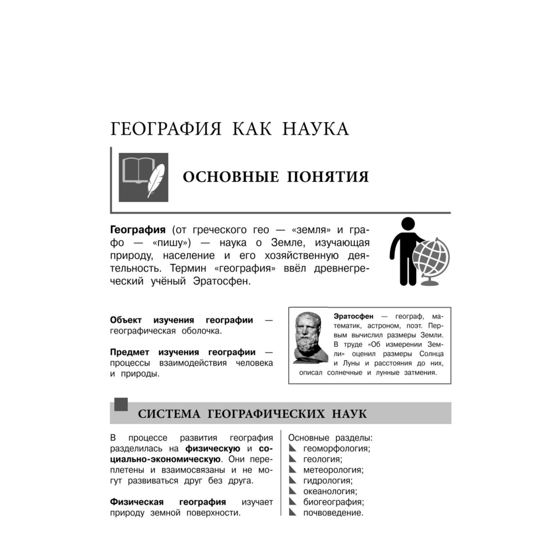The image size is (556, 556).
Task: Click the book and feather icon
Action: tap(143, 177)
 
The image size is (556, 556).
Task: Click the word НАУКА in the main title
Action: tap(315, 129)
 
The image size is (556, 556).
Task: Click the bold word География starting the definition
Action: tap(138, 230)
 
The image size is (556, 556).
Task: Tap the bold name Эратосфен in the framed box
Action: tap(353, 317)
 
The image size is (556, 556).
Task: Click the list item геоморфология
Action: tap(337, 449)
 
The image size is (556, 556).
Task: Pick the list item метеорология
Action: tap(333, 470)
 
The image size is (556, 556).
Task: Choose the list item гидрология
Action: tap(328, 481)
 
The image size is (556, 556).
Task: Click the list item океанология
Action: tap(330, 492)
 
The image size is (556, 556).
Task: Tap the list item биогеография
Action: tap(333, 502)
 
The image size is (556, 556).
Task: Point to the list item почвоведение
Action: tap(333, 513)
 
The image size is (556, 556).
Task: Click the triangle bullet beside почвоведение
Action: tap(293, 513)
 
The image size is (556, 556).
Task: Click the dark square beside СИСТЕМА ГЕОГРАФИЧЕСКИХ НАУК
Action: tap(121, 404)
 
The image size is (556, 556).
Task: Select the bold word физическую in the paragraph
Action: tap(213, 449)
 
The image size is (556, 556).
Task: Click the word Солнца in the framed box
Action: tap(431, 354)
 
